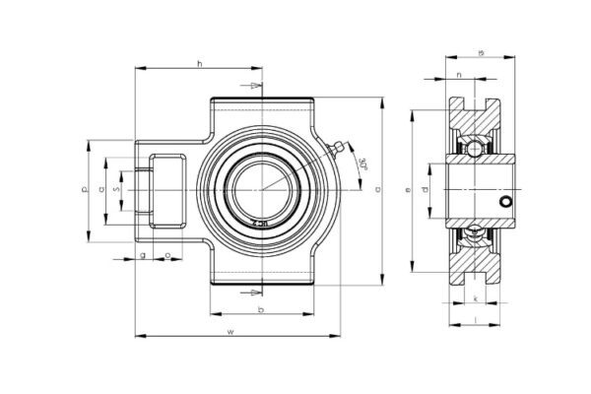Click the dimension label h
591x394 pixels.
click(200, 64)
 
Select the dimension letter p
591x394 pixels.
click(86, 189)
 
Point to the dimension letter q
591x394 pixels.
click(101, 189)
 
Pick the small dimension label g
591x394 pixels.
click(143, 255)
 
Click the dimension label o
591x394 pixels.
click(167, 255)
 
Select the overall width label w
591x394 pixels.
click(230, 331)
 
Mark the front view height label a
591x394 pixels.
click(378, 189)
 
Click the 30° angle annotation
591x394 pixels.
click(362, 164)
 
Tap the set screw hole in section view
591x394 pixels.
click(505, 202)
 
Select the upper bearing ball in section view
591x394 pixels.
click(475, 148)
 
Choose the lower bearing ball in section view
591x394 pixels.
click(475, 231)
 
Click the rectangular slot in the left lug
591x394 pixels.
click(166, 189)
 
